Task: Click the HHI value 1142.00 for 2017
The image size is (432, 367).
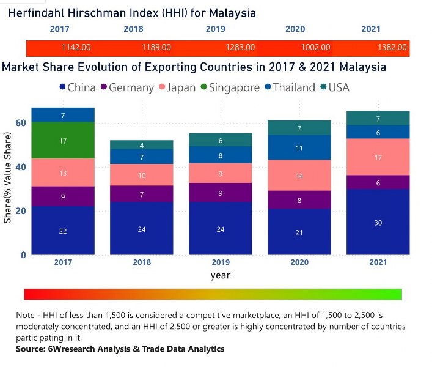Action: (76, 47)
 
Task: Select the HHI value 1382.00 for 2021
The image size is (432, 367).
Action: (392, 47)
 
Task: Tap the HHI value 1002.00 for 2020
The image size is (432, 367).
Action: (316, 47)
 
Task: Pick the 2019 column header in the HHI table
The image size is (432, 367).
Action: (215, 29)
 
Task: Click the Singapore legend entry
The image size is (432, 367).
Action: (229, 87)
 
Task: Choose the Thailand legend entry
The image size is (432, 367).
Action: (288, 87)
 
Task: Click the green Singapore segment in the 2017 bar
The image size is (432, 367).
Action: (63, 141)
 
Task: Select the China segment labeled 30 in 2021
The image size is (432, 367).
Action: (378, 222)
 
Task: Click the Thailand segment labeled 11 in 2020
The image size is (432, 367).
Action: (299, 147)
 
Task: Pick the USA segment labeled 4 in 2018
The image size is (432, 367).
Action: (142, 144)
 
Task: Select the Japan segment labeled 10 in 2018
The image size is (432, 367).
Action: (142, 175)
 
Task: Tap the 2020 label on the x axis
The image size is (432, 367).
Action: (299, 262)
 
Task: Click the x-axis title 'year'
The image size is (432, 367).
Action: (221, 275)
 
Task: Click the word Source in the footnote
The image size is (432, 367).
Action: (32, 349)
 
